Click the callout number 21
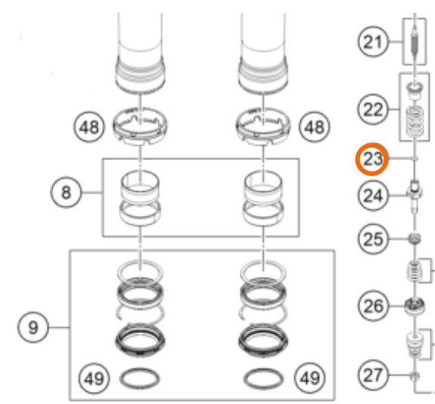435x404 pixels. point(372,42)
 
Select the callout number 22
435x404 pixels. point(372,109)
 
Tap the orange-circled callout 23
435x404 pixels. point(372,159)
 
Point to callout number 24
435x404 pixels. point(372,196)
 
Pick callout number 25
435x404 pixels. point(372,239)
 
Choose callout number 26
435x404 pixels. point(372,306)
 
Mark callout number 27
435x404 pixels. point(372,375)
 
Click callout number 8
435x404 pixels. point(66,192)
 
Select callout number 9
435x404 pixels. point(33,328)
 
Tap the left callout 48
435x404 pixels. point(89,128)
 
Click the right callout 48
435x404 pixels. point(314,128)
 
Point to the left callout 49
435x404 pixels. point(95,378)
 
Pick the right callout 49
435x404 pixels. point(309,378)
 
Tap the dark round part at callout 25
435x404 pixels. point(414,239)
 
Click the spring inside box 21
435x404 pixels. point(414,42)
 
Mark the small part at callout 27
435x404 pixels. point(415,376)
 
